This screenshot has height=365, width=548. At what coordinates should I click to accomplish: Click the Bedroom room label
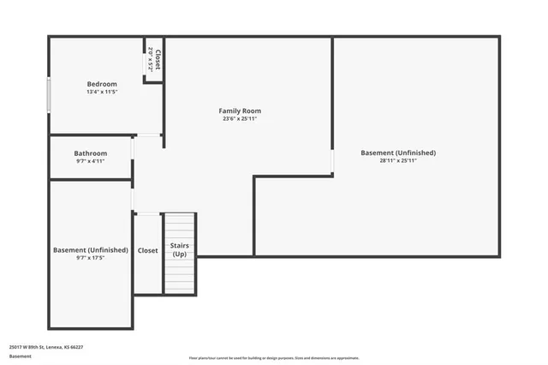pos(102,84)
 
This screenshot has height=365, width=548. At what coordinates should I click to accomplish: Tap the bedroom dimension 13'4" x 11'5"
pos(102,92)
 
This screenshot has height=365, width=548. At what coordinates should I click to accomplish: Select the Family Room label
pos(240,111)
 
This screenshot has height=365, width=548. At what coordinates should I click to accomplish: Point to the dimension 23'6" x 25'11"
pos(240,119)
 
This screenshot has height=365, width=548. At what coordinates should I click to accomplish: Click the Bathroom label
pos(90,153)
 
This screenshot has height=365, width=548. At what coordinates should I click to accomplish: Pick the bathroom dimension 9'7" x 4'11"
pos(90,161)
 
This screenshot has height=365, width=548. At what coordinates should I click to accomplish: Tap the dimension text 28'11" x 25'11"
pos(397,160)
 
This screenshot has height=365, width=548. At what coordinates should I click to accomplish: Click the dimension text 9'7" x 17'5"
pos(91,258)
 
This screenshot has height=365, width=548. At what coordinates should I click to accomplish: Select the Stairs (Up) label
pos(180,250)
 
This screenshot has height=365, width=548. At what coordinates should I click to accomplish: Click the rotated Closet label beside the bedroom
pos(158,59)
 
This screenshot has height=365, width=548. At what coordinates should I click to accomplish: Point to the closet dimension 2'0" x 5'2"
pos(151,59)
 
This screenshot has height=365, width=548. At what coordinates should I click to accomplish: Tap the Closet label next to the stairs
pos(148,250)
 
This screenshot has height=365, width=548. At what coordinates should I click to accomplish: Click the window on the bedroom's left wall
pos(49,93)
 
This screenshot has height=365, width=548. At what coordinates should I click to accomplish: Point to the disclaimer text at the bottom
pos(273,358)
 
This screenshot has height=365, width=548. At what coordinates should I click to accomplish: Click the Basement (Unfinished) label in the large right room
pos(397,153)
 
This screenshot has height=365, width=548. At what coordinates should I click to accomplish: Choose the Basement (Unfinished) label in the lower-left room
pos(91,250)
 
